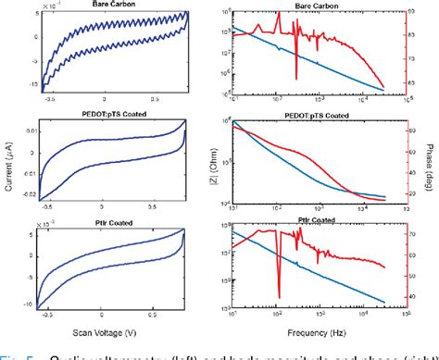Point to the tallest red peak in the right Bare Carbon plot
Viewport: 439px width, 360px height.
278,16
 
